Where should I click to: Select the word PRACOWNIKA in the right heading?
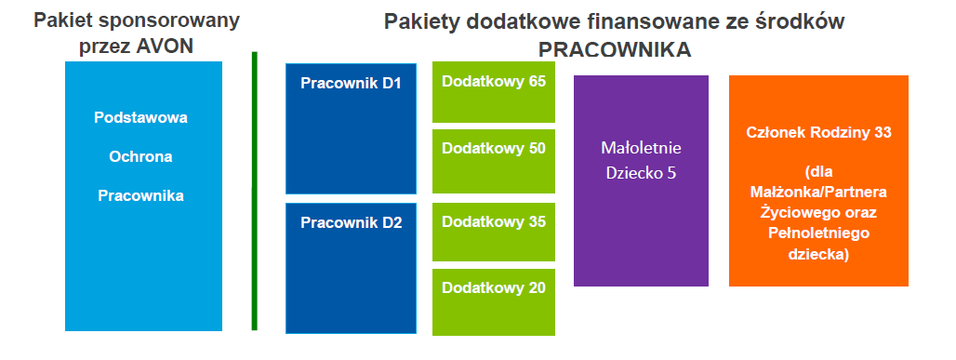(615, 50)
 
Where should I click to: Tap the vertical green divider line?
(254, 191)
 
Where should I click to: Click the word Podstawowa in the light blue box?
(140, 118)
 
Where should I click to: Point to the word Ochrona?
(140, 157)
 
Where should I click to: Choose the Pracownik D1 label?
(352, 84)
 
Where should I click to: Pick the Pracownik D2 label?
(352, 222)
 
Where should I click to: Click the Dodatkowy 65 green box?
(494, 91)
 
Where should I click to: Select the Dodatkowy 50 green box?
(494, 161)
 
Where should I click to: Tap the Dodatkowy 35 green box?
(494, 232)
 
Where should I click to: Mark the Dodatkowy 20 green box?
(494, 302)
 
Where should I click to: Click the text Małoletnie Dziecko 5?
(641, 161)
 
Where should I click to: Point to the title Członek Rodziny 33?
(818, 133)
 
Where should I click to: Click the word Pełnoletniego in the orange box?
(818, 233)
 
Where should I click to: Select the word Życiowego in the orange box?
(818, 213)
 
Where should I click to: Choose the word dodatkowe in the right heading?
(520, 22)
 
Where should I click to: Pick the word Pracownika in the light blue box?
(140, 196)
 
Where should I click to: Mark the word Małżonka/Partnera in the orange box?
(818, 193)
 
